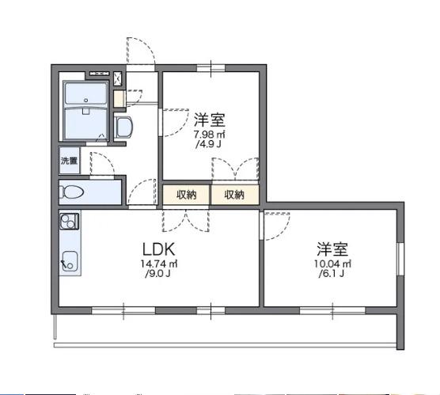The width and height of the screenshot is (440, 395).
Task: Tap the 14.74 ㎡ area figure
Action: pyautogui.click(x=159, y=264)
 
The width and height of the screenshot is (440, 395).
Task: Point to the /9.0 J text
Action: pyautogui.click(x=158, y=275)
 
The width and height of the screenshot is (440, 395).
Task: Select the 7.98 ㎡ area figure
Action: pyautogui.click(x=210, y=135)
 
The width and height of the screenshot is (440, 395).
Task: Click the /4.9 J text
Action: pyautogui.click(x=210, y=146)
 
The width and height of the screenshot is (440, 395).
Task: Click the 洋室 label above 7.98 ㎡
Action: pyautogui.click(x=210, y=120)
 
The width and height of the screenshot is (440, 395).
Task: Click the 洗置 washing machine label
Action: pyautogui.click(x=69, y=161)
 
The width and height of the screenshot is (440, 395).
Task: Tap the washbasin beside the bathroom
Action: pyautogui.click(x=123, y=127)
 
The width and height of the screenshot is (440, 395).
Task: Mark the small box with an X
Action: pyautogui.click(x=119, y=78)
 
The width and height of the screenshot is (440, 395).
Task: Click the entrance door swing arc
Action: pyautogui.click(x=141, y=49)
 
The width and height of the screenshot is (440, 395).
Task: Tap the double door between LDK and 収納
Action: pyautogui.click(x=185, y=218)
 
